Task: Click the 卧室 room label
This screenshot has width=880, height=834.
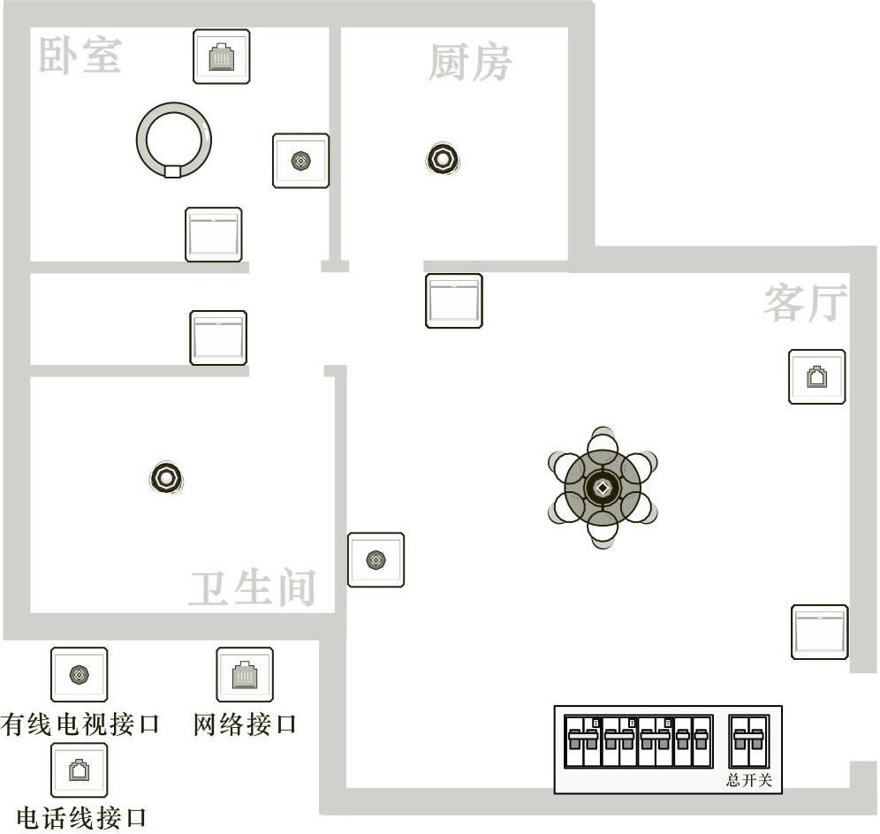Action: click(80, 56)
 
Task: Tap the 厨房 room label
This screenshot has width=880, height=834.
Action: click(469, 63)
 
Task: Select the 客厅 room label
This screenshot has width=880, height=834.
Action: click(805, 303)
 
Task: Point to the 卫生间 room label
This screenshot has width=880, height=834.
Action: click(253, 588)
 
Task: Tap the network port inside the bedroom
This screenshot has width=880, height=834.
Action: click(221, 57)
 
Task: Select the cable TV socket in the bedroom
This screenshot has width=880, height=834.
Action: click(300, 161)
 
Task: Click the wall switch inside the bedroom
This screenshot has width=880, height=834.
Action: click(213, 234)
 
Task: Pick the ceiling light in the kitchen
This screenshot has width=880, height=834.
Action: click(442, 159)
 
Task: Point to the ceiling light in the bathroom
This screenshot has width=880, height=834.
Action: click(165, 478)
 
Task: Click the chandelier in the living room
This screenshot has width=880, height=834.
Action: click(602, 488)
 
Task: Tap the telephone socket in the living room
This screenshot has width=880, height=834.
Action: click(816, 377)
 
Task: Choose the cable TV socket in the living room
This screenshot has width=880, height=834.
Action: click(376, 559)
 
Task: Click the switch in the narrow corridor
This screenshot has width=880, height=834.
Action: click(218, 337)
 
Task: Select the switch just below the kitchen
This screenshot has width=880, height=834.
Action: click(453, 300)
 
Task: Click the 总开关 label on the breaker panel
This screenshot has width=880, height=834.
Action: click(748, 781)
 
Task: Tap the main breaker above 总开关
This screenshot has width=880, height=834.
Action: click(748, 742)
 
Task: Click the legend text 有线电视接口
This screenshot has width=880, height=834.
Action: click(80, 725)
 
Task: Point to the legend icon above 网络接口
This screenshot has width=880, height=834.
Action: click(245, 674)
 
